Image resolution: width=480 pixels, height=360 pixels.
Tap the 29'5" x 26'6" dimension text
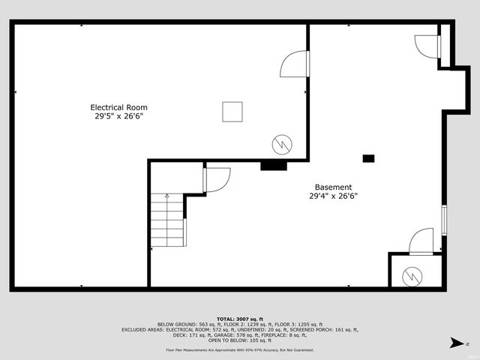pos(118,116)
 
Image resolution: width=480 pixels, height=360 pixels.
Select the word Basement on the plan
pos(333,187)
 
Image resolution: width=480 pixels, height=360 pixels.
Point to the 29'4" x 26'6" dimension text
pos(333,196)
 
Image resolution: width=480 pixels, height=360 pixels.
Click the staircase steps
pos(167,221)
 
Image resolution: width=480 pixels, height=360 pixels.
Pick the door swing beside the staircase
pos(216,179)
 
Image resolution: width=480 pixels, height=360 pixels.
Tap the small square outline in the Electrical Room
pos(232,112)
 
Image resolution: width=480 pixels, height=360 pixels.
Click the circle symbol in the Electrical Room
pos(280,142)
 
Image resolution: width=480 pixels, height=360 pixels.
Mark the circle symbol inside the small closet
pos(412,276)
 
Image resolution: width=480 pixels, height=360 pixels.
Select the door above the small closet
pos(422,241)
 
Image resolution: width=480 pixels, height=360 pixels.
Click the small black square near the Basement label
pos(368,158)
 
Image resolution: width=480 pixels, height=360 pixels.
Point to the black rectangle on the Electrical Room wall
pos(274,165)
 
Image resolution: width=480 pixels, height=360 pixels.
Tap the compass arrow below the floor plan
pos(454,343)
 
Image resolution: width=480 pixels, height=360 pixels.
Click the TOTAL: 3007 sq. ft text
pos(240,319)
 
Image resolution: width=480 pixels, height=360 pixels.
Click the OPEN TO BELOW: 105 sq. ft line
pos(240,340)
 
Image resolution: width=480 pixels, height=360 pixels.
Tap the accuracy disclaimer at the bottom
pos(240,350)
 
